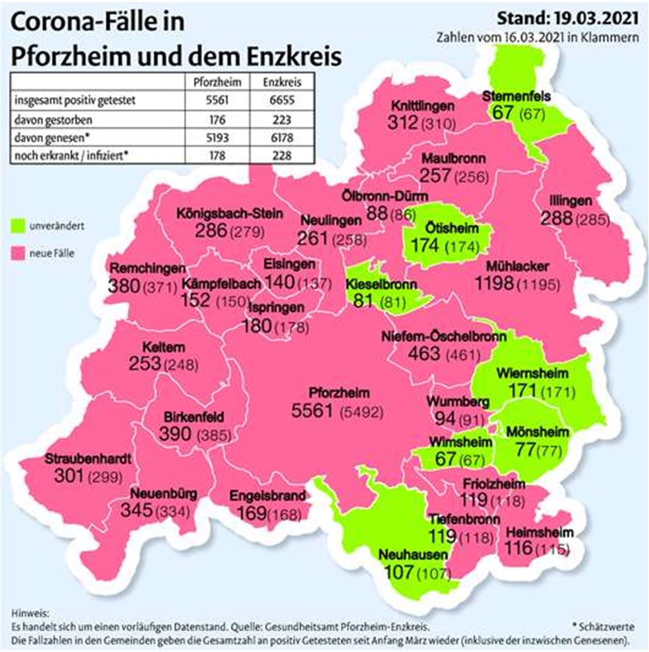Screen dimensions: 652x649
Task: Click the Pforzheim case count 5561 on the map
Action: [x=311, y=410]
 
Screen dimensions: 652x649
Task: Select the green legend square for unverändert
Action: [x=19, y=226]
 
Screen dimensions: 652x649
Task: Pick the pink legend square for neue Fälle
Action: [x=19, y=253]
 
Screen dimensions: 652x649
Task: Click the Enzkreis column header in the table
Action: [x=282, y=82]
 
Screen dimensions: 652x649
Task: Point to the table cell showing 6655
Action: [x=282, y=100]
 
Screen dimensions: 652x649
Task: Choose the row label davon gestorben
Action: [x=54, y=120]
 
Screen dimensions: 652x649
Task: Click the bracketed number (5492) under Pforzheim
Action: [x=361, y=411]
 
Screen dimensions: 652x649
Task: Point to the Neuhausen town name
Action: [x=405, y=555]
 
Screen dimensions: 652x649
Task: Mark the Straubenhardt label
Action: [x=88, y=459]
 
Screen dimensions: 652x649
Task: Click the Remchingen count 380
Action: [x=124, y=286]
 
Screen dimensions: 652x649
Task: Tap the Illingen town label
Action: [x=570, y=201]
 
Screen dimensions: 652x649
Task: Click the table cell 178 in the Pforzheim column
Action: [x=217, y=156]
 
